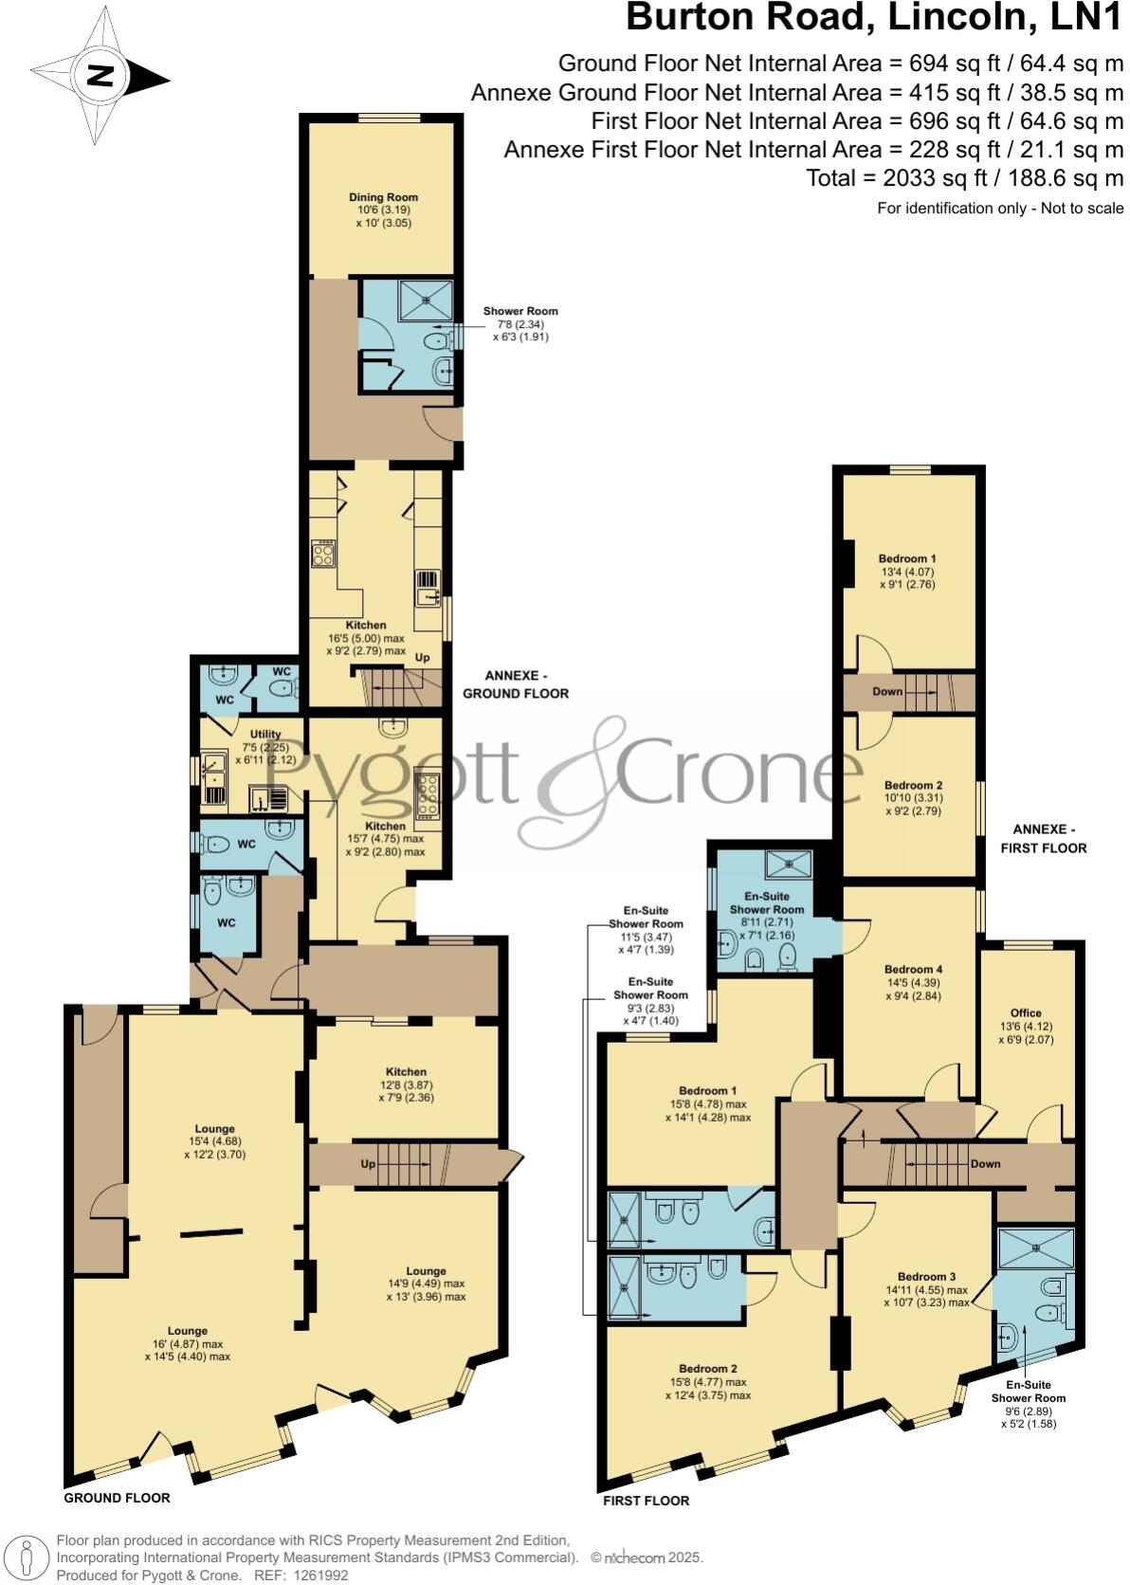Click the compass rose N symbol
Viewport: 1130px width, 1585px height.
[99, 76]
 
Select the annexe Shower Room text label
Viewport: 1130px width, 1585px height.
[520, 311]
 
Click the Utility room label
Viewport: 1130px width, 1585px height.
[265, 734]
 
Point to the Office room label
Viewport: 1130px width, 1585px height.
[1026, 1012]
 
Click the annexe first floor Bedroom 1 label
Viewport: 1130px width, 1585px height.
[907, 558]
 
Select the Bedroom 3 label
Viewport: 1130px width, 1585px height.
[926, 1276]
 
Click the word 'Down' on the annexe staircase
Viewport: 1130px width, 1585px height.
[887, 691]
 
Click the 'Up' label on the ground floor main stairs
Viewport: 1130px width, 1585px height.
[368, 1163]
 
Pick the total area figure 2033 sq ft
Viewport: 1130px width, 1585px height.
[964, 177]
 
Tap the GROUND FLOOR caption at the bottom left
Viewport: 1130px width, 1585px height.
[117, 1498]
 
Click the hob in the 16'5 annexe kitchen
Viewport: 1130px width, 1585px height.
[323, 553]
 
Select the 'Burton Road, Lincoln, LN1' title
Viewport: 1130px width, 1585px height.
[874, 19]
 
